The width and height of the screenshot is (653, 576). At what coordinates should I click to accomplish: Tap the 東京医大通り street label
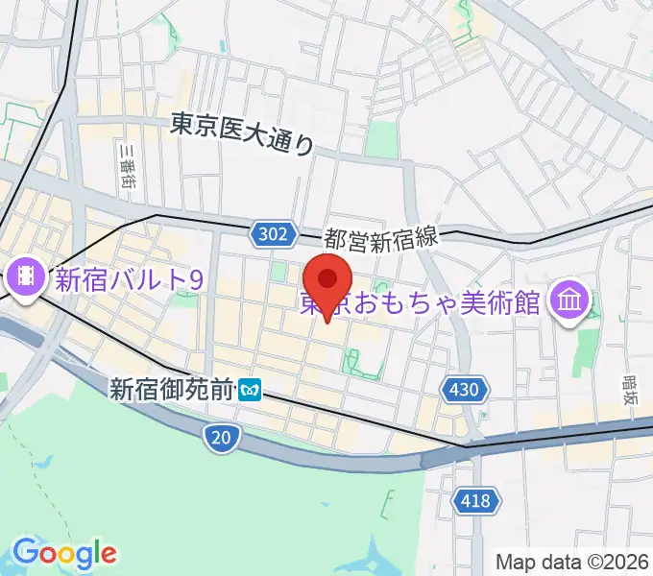point(242,134)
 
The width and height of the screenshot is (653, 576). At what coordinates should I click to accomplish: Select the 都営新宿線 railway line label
point(380,239)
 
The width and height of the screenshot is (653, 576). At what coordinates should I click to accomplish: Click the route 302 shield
point(273,233)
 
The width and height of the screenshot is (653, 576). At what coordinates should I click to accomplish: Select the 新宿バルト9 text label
point(129,279)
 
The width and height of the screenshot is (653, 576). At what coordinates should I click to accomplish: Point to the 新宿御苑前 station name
point(171,389)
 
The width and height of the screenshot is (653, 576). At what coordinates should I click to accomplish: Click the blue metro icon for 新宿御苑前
point(252,390)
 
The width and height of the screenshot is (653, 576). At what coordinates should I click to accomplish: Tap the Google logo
point(64,554)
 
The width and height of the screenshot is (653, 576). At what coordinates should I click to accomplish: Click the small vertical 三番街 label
point(125,165)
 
